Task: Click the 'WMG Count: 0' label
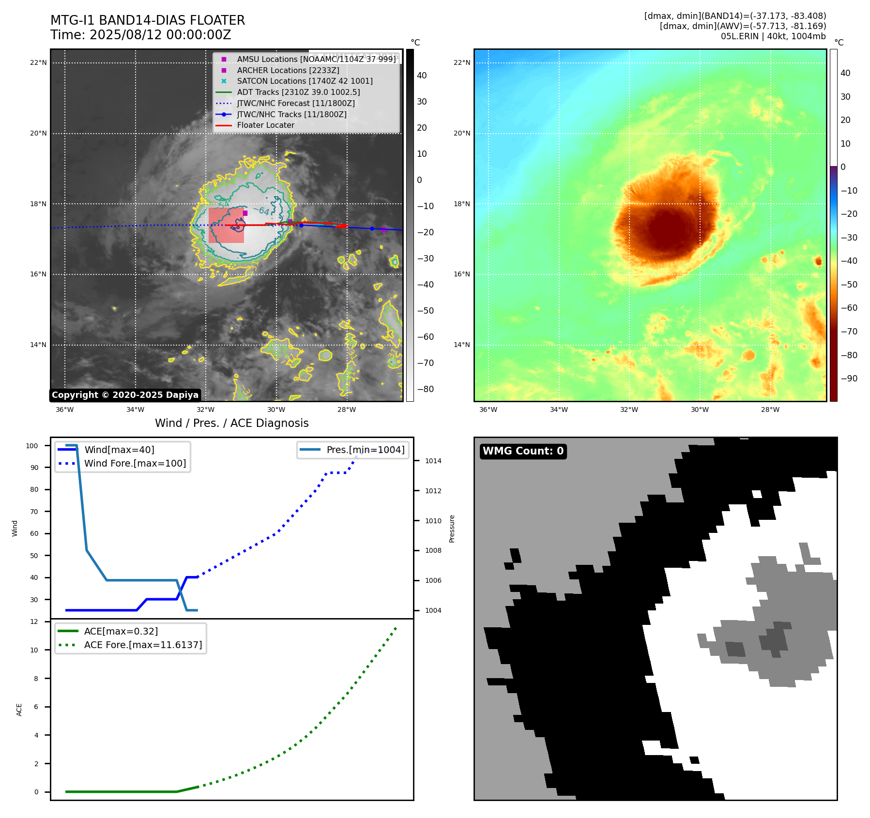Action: [x=523, y=451]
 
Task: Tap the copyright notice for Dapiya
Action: [x=125, y=395]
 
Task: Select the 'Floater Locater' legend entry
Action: [x=265, y=125]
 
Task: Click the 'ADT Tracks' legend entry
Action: [x=298, y=92]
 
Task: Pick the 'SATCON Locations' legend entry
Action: [x=305, y=81]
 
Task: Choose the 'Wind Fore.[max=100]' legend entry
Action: [x=135, y=463]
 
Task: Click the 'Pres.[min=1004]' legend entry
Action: [x=365, y=450]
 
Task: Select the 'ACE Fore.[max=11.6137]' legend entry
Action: [x=143, y=645]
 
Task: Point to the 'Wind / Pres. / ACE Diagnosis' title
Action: [x=231, y=423]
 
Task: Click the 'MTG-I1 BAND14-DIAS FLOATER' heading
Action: [x=148, y=20]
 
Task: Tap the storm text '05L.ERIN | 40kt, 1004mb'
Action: [x=773, y=36]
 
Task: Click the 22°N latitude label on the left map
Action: [x=38, y=62]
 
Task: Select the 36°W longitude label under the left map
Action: [x=65, y=409]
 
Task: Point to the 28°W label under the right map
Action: [x=770, y=409]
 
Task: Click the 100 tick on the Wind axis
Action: [x=32, y=446]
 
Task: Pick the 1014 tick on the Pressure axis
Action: [x=433, y=461]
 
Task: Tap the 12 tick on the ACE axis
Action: [x=34, y=621]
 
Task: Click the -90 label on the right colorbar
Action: [x=849, y=379]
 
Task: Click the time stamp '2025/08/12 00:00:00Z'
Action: [x=160, y=35]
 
